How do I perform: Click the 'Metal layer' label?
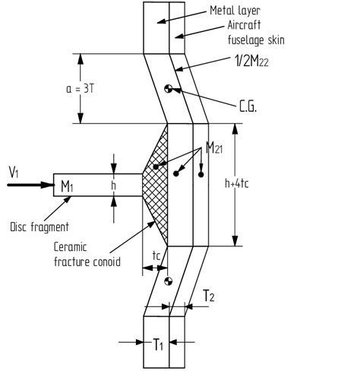(235, 11)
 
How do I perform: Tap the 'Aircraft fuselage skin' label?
(256, 33)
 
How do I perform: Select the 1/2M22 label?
(251, 61)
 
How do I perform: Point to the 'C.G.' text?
(248, 107)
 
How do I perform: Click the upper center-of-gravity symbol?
(169, 89)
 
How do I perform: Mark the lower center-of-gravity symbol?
(169, 281)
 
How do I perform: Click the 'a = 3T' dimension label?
(80, 89)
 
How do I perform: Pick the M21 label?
(214, 148)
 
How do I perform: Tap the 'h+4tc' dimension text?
(237, 183)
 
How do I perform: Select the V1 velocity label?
(14, 172)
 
